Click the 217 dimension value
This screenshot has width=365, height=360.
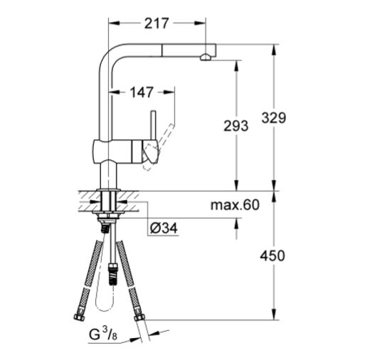[157, 23]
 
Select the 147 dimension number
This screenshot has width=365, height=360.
[142, 92]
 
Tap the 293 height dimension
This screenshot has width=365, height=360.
[236, 126]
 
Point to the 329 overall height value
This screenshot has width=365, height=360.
[274, 118]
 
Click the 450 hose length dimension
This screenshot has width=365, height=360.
[273, 256]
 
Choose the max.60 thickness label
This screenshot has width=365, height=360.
[235, 205]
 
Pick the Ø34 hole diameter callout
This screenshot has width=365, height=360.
[164, 228]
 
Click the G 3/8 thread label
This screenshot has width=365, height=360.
[103, 335]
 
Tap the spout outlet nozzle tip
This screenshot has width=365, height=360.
[206, 58]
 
